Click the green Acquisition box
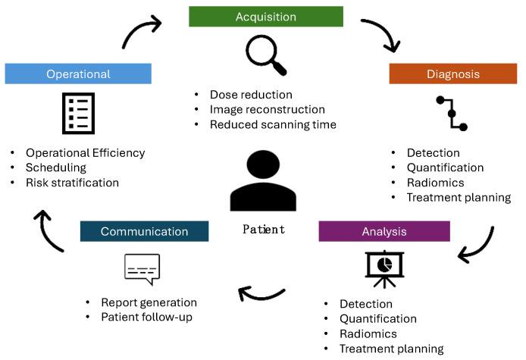(x=266, y=17)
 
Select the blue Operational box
(x=78, y=74)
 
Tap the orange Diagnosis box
(x=453, y=74)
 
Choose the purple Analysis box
(x=384, y=231)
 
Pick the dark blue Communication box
(x=144, y=231)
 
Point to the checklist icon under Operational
(x=79, y=114)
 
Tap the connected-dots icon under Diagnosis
(x=452, y=114)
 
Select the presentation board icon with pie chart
(x=384, y=269)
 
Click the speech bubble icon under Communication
(x=142, y=268)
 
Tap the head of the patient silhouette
(x=263, y=164)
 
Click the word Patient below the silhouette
(x=264, y=230)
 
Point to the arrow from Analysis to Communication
(x=260, y=296)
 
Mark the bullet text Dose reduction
(x=251, y=95)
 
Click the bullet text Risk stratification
(x=72, y=183)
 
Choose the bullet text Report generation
(x=149, y=302)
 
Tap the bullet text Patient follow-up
(x=146, y=317)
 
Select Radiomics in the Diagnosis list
(x=435, y=183)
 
